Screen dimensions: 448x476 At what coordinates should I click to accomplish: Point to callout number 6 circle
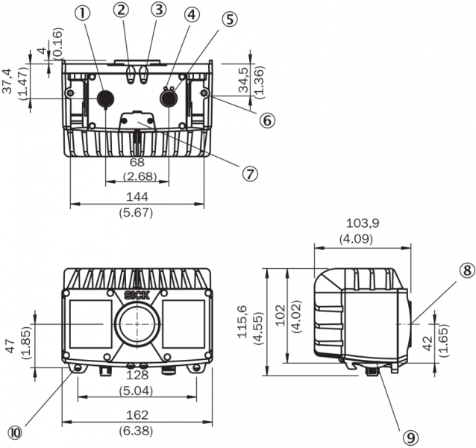[264, 117]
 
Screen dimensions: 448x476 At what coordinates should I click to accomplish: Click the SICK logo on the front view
[137, 294]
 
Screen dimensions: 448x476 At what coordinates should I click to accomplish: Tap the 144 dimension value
[137, 196]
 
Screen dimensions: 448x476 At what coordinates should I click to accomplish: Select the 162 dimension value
[137, 415]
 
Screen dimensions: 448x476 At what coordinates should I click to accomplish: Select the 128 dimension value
[137, 374]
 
